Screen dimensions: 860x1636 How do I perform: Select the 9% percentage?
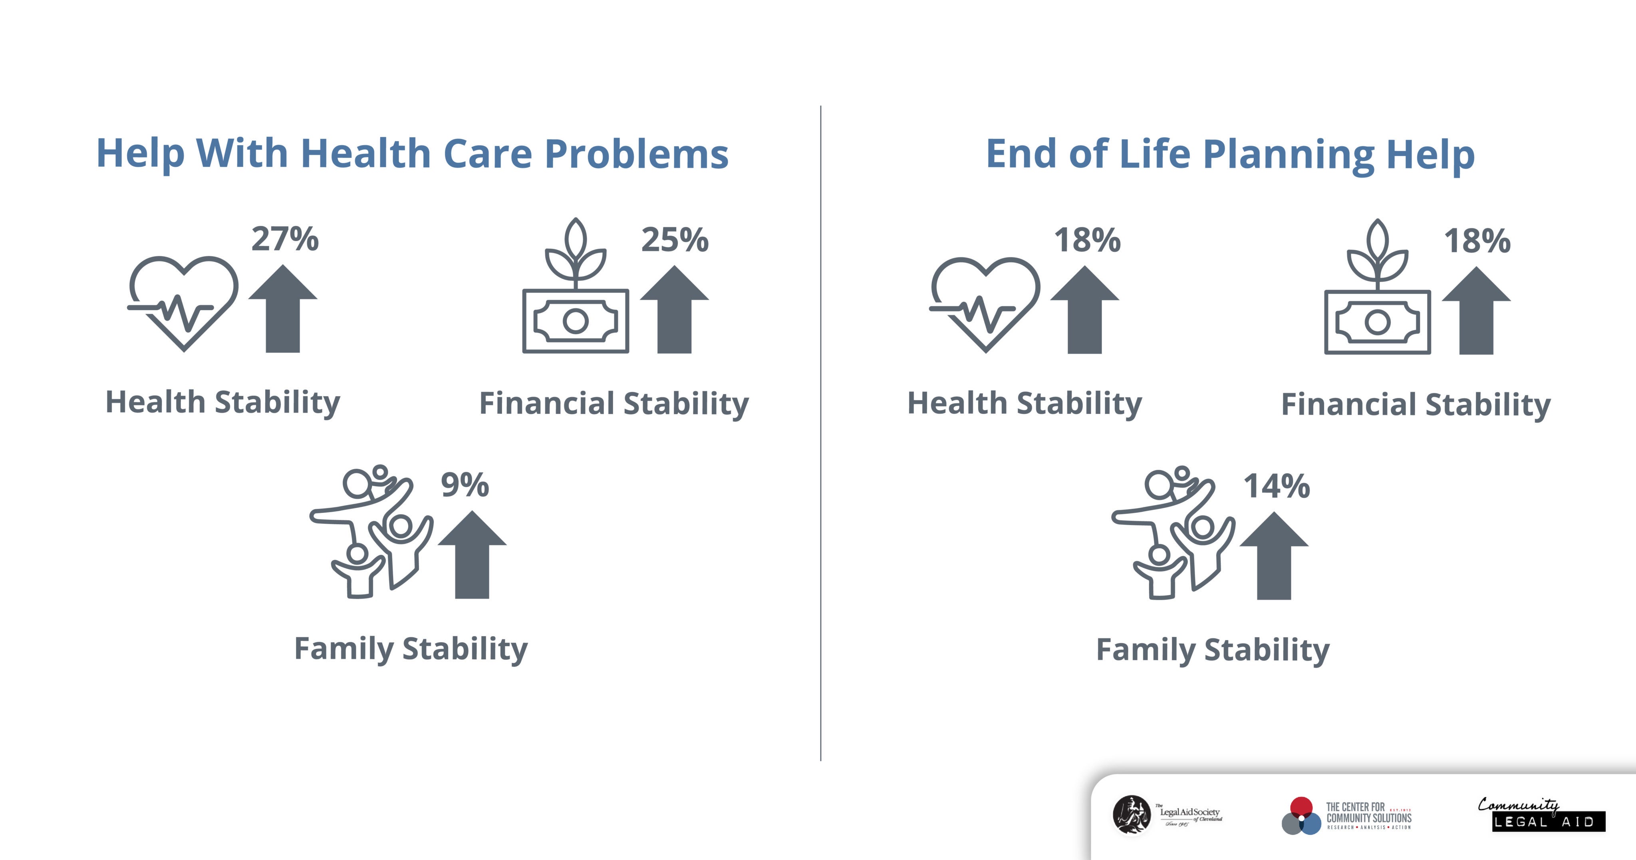tap(465, 485)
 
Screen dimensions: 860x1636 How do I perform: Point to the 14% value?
tap(1277, 486)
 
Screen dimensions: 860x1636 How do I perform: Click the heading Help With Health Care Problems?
tap(412, 154)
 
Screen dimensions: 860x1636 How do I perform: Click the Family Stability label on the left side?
tap(411, 649)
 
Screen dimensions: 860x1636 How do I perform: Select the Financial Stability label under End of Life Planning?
tap(1416, 404)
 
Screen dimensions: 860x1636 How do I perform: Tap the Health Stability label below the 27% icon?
tap(222, 402)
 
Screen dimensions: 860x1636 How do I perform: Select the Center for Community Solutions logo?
tap(1346, 816)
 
